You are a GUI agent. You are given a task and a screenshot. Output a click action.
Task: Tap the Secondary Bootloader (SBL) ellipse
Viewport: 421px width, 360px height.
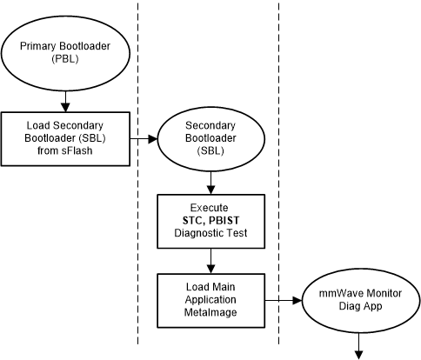pyautogui.click(x=210, y=137)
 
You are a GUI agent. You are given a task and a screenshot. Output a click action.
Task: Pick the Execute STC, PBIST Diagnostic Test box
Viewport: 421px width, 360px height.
pyautogui.click(x=210, y=221)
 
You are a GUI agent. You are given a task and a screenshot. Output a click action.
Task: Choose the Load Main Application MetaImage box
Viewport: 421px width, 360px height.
pyautogui.click(x=210, y=301)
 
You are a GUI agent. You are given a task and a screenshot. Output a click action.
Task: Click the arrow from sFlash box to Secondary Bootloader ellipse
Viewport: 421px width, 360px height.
pyautogui.click(x=144, y=137)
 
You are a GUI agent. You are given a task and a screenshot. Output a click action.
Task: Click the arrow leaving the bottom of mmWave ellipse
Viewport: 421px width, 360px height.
pyautogui.click(x=358, y=349)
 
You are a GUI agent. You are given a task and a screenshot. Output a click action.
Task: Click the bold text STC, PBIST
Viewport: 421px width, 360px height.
pyautogui.click(x=210, y=221)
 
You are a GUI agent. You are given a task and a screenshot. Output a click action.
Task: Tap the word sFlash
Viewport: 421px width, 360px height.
pyautogui.click(x=85, y=150)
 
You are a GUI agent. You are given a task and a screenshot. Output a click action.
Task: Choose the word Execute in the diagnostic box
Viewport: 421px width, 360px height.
pyautogui.click(x=210, y=209)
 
